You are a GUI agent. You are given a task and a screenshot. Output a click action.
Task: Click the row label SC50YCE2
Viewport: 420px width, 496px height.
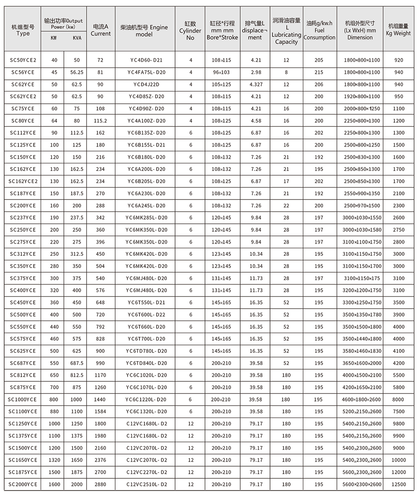pyautogui.click(x=23, y=60)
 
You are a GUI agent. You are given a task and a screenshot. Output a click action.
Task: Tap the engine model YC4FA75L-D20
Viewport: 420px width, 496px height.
pyautogui.click(x=147, y=72)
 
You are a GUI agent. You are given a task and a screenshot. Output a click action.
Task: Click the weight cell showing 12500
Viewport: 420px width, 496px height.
pyautogui.click(x=399, y=484)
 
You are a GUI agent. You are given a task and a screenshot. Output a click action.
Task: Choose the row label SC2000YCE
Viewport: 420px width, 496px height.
pyautogui.click(x=23, y=484)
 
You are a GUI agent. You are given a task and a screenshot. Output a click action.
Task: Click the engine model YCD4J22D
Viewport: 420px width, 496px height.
pyautogui.click(x=147, y=84)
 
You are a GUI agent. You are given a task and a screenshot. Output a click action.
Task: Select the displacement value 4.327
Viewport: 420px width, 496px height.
pyautogui.click(x=256, y=84)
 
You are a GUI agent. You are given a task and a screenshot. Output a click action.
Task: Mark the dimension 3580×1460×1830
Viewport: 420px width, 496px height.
pyautogui.click(x=360, y=351)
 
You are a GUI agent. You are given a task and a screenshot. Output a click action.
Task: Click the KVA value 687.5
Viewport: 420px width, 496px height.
pyautogui.click(x=77, y=363)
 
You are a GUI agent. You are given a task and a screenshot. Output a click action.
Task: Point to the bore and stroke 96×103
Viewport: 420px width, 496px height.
pyautogui.click(x=221, y=72)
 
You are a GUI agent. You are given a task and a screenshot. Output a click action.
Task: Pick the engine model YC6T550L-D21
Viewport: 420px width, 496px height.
pyautogui.click(x=147, y=302)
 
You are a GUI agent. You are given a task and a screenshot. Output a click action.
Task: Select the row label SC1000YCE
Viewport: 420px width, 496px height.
pyautogui.click(x=23, y=399)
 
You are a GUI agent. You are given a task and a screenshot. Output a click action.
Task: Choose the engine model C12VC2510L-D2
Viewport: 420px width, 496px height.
pyautogui.click(x=147, y=484)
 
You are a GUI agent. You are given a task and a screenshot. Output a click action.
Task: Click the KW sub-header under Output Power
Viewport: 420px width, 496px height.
pyautogui.click(x=54, y=38)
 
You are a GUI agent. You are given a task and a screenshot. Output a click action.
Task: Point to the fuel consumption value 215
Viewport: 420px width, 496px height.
pyautogui.click(x=319, y=72)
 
